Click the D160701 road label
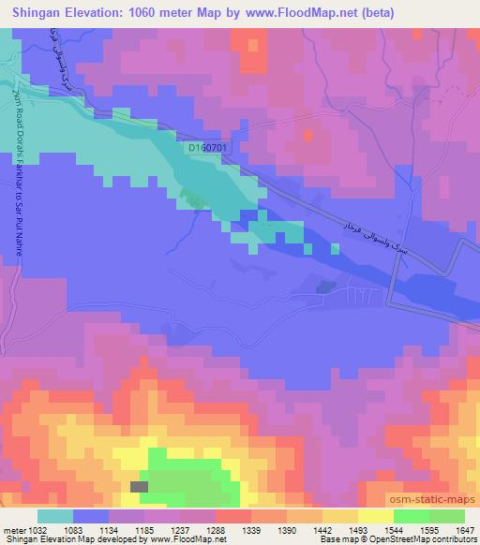[207, 148]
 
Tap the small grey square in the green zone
[139, 486]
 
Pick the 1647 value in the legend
[466, 530]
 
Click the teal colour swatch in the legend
[55, 516]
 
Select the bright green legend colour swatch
[410, 516]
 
